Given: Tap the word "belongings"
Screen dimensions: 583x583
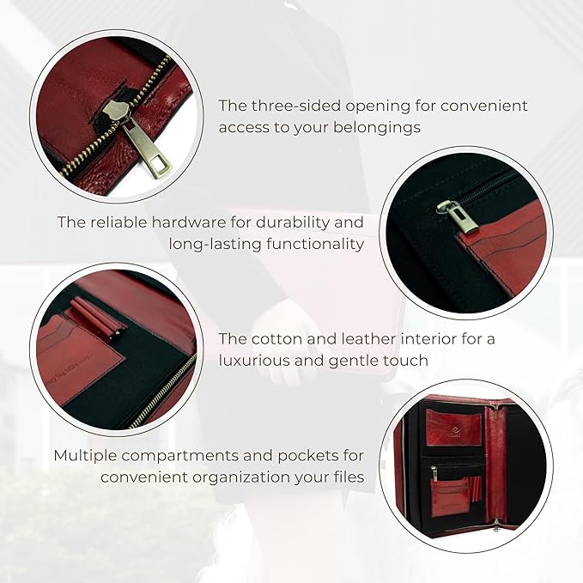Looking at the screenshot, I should [x=380, y=127].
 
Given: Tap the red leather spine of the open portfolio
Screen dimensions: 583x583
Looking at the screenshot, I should [x=495, y=464].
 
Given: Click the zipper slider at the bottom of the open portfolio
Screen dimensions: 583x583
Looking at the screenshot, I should [x=496, y=525].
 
